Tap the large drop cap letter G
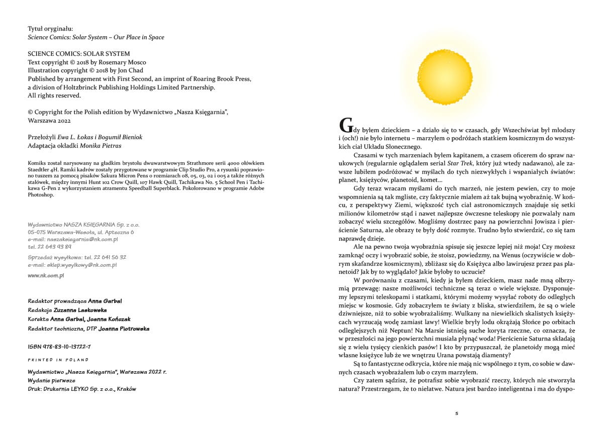pos(346,126)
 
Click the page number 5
pos(456,413)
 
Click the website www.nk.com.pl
pos(46,275)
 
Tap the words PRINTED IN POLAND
pos(58,360)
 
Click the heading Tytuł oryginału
pos(50,29)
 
